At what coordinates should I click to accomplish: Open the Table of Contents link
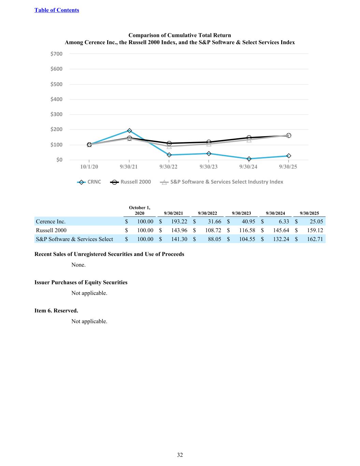coord(57,10)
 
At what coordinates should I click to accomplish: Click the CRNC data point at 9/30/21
coord(129,130)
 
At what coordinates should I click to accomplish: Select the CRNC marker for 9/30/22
coord(169,155)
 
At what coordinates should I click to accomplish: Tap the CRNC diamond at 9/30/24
coord(249,159)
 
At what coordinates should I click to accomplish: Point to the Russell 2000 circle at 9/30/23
coord(209,142)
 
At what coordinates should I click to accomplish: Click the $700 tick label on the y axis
coord(57,54)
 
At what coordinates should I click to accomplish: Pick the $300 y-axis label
coord(57,114)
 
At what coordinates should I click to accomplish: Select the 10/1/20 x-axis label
coord(89,167)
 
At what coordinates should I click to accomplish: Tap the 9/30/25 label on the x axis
coord(288,167)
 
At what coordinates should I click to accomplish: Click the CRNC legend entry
coord(89,182)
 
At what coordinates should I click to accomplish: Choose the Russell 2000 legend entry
coord(131,182)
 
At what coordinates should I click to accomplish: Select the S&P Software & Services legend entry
coord(222,182)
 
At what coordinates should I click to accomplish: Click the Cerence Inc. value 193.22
coord(179,222)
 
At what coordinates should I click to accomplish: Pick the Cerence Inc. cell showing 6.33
coord(284,222)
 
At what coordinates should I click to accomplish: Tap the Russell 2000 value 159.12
coord(315,230)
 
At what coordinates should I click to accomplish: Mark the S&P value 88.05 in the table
coord(214,239)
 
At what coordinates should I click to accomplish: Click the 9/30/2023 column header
coord(241,213)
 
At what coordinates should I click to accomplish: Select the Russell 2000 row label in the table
coord(51,230)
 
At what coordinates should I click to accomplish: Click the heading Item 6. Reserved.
coord(56,311)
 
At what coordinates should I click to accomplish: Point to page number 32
coord(180,455)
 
